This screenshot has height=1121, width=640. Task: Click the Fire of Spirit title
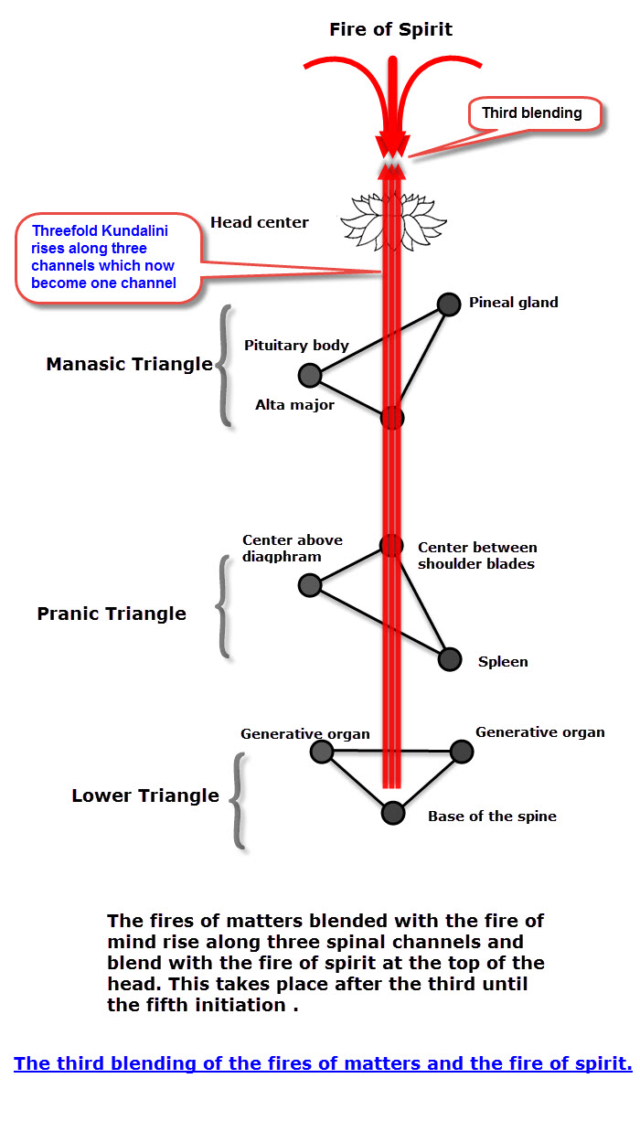coord(390,30)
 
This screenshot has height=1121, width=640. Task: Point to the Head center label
coord(259,222)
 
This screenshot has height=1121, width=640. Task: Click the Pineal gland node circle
coord(448,304)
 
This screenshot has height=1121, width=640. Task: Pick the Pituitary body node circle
coord(310,375)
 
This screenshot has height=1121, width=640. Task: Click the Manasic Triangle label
coord(129,365)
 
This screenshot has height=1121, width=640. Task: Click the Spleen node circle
coord(449,658)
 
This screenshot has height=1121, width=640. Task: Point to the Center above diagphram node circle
coord(310,585)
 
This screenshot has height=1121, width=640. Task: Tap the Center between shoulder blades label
coord(476,556)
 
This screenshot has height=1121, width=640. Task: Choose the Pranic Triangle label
coord(112,614)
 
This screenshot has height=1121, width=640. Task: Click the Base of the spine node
coord(392,812)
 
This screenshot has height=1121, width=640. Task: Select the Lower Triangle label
coord(145,795)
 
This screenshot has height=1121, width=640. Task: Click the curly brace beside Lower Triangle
coord(237,800)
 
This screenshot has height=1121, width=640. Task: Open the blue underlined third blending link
coord(323,1063)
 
